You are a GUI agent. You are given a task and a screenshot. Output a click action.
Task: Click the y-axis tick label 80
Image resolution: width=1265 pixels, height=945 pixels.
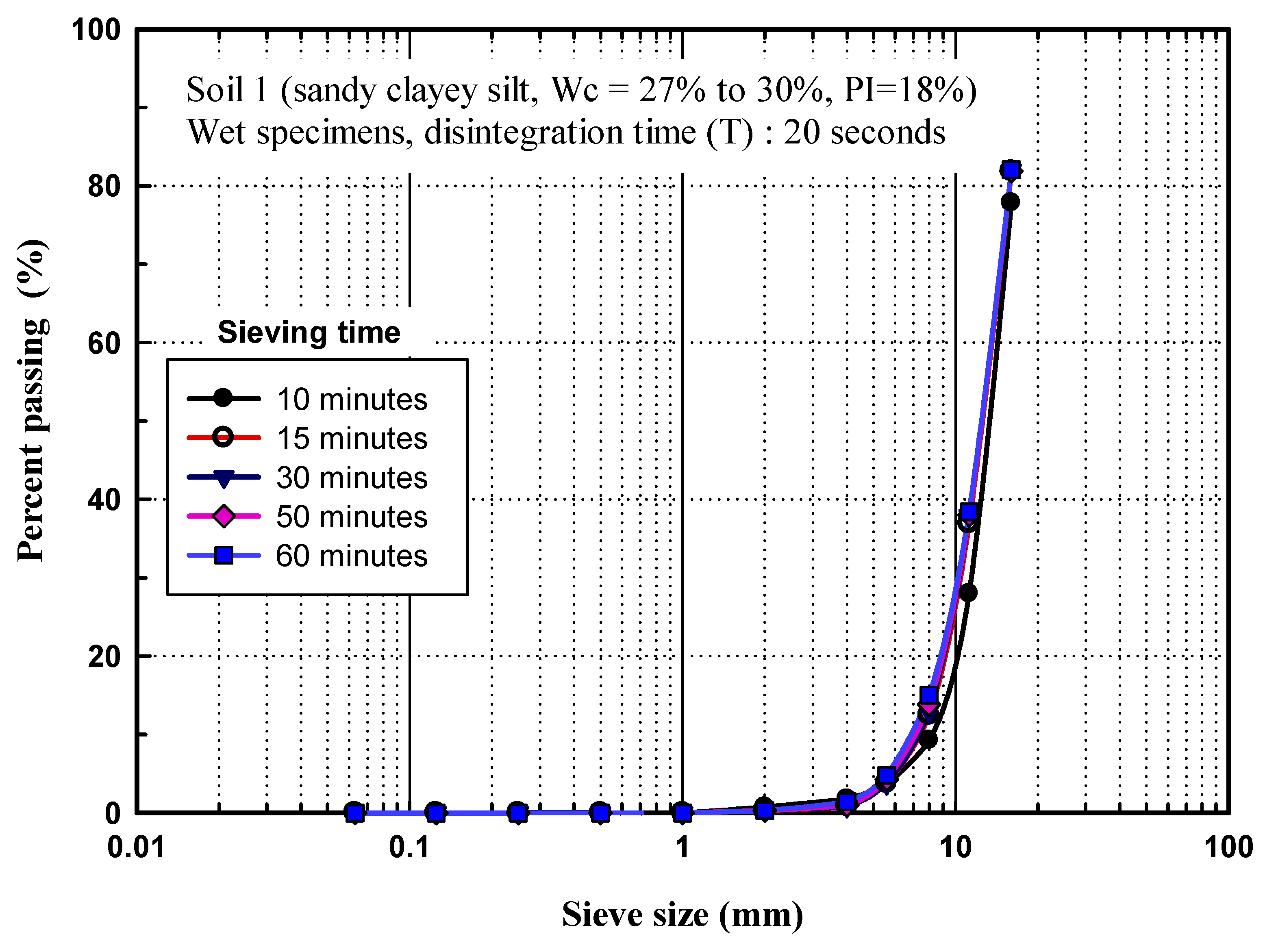point(104,187)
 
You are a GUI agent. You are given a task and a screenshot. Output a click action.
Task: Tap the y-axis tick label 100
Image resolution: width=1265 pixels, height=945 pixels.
point(96,30)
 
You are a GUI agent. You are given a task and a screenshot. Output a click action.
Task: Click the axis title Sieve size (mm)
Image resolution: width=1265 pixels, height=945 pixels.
point(682,914)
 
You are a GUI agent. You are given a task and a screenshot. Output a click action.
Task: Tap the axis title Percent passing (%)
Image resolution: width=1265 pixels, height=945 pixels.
point(31,400)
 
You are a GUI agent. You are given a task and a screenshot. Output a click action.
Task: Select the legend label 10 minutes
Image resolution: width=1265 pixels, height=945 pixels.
point(352,399)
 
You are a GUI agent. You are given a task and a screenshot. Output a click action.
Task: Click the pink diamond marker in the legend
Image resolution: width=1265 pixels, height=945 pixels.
point(224,516)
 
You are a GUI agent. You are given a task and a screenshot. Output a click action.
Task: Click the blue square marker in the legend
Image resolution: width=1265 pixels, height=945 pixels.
point(224,555)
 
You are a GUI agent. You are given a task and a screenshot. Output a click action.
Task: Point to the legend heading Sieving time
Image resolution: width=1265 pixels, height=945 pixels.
point(309,332)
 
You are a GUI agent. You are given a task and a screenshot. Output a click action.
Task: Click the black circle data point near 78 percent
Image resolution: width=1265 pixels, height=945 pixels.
point(1010,202)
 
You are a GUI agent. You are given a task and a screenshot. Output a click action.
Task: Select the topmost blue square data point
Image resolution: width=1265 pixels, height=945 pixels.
point(1011,170)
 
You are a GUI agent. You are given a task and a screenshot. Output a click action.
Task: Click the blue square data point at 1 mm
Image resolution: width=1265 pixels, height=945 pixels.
point(682,812)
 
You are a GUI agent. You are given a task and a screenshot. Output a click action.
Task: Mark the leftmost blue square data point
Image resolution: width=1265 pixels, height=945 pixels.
point(355,812)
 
